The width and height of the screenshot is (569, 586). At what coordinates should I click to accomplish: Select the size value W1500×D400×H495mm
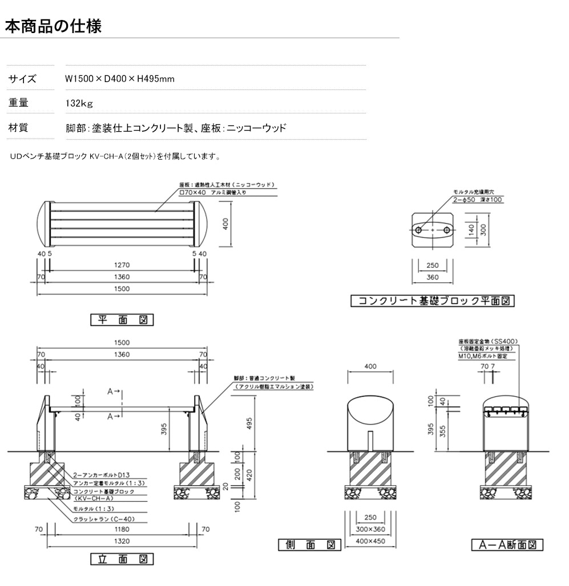[120, 79]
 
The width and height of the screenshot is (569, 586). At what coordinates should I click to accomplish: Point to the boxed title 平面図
[122, 320]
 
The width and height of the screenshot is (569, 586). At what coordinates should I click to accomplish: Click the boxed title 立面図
[122, 559]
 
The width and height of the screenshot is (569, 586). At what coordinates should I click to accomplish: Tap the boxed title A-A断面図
[507, 545]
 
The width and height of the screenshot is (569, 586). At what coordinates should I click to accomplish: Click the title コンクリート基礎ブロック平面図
[433, 300]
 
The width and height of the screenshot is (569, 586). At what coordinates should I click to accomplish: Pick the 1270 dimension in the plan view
[122, 264]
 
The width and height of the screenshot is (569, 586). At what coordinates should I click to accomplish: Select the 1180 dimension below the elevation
[122, 529]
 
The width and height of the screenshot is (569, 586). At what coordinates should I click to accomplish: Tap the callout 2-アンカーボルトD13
[103, 474]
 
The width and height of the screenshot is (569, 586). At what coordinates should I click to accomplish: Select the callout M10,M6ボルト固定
[483, 356]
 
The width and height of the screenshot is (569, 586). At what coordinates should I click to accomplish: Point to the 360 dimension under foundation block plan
[433, 278]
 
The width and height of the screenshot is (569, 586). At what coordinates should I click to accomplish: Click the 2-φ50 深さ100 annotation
[478, 200]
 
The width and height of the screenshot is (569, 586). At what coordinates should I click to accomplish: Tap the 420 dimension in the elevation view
[249, 473]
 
